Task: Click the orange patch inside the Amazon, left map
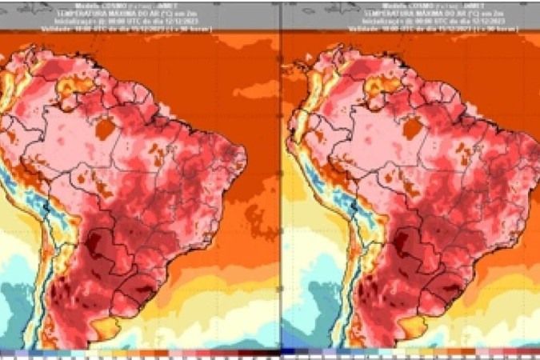(x=104, y=127)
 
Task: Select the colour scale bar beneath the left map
(x=140, y=353)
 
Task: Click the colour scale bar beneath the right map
(x=410, y=353)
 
